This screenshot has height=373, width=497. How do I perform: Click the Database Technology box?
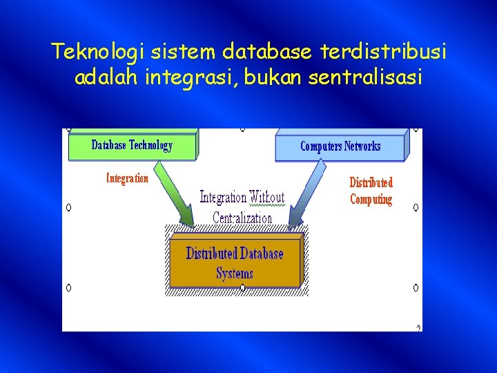click(x=132, y=146)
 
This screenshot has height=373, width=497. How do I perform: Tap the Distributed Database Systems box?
click(x=235, y=262)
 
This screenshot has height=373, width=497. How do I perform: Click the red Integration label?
click(x=127, y=178)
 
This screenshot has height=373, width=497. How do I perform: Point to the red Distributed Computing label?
click(x=371, y=191)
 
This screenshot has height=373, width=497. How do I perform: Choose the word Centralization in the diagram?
click(x=242, y=218)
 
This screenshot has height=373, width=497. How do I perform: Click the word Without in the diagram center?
click(x=266, y=198)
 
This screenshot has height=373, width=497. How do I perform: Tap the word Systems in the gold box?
click(x=235, y=274)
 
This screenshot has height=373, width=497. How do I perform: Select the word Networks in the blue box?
click(x=362, y=146)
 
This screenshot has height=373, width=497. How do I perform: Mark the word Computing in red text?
click(x=371, y=200)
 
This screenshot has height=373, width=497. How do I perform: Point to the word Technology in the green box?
click(x=150, y=145)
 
